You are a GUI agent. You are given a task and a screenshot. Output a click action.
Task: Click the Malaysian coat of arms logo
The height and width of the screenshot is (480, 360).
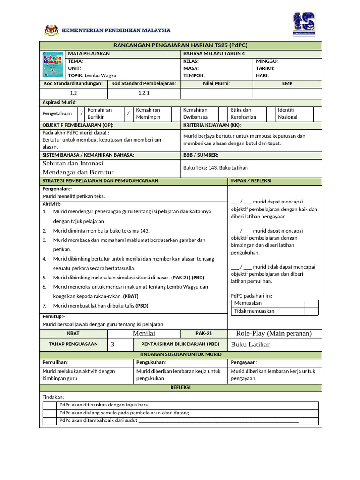click(x=50, y=30)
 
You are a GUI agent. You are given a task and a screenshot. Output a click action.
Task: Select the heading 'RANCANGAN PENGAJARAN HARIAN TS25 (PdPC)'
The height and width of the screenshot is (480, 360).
click(x=180, y=45)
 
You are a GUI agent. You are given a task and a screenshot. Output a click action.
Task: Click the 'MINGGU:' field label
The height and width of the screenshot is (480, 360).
click(x=267, y=61)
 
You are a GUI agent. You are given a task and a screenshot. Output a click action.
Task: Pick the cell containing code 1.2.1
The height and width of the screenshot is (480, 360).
click(x=143, y=93)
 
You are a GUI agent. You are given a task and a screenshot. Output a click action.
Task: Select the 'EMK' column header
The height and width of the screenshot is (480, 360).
click(x=287, y=83)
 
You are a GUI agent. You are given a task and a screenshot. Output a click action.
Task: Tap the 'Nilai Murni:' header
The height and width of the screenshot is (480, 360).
click(x=216, y=83)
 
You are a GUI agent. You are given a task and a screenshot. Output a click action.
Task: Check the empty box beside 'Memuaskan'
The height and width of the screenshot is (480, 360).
click(x=311, y=303)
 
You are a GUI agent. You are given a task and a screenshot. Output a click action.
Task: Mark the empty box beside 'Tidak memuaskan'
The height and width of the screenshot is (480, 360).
click(x=311, y=311)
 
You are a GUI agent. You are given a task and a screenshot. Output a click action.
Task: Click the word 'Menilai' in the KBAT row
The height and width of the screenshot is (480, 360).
click(x=144, y=333)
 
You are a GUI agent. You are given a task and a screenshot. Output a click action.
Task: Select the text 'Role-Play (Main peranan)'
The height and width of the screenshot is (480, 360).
click(x=274, y=333)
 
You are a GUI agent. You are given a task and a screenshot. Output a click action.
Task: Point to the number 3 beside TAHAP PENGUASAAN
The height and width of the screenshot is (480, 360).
click(x=112, y=345)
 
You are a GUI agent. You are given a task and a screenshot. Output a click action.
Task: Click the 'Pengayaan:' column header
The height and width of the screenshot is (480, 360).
click(x=244, y=362)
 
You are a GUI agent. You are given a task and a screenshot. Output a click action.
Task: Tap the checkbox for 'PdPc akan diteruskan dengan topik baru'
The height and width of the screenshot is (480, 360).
click(x=50, y=405)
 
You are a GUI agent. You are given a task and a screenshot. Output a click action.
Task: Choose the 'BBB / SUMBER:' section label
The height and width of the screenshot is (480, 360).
click(x=201, y=154)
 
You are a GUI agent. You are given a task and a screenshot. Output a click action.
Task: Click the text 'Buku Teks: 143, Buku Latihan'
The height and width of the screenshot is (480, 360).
click(x=216, y=167)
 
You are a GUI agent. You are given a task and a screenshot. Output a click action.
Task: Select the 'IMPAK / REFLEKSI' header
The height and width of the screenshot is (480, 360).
click(x=251, y=180)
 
